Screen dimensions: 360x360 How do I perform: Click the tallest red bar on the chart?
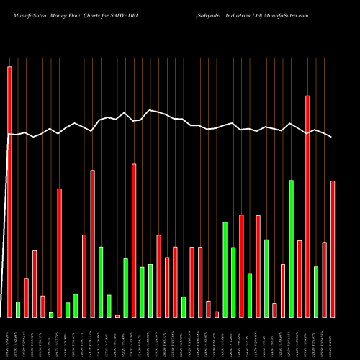[x=9, y=192]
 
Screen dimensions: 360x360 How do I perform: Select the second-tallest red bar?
[x=307, y=206]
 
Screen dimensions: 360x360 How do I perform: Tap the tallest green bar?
[x=291, y=248]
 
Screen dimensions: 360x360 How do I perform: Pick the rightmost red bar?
[x=333, y=248]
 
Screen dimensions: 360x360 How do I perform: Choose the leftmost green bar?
[x=18, y=310]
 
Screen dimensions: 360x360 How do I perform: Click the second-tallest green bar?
[x=225, y=269]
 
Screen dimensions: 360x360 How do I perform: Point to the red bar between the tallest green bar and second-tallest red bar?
[x=300, y=279]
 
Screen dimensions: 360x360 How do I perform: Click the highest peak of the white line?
[x=150, y=110]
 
